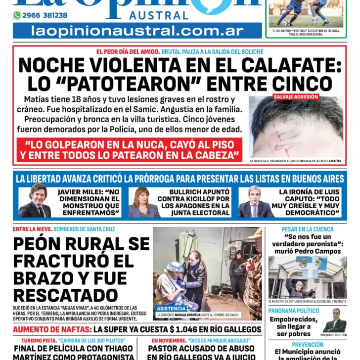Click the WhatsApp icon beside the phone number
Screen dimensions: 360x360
click(17, 15)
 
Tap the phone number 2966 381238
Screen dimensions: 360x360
click(45, 15)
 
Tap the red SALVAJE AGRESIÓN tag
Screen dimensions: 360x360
click(296, 97)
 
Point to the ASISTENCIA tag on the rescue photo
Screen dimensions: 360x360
click(172, 308)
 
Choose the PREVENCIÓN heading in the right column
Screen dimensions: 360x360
click(308, 345)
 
